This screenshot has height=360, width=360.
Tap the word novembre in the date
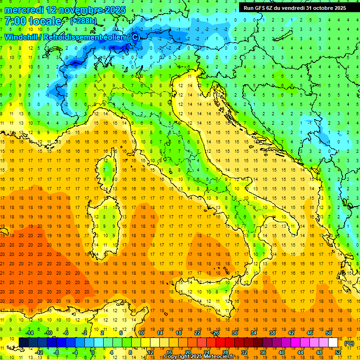85,10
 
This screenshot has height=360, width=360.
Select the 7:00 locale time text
32,21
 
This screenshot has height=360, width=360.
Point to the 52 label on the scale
337,352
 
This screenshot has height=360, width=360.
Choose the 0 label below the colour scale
93,352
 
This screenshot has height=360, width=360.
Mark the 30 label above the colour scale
234,333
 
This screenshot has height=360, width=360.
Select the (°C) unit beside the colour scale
349,343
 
